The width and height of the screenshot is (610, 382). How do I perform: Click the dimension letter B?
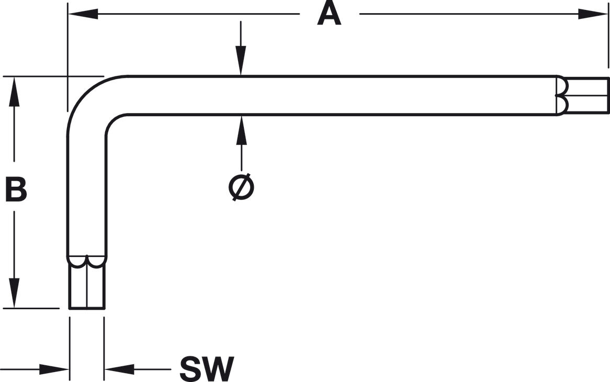tap(16, 189)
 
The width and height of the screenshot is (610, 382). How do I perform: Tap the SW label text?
tap(207, 369)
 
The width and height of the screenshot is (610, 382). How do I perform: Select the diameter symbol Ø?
tap(241, 187)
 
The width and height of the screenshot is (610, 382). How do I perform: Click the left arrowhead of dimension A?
tap(83, 14)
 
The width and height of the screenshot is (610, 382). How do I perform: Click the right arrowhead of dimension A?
tap(593, 14)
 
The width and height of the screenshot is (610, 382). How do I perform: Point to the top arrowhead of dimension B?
tap(14, 92)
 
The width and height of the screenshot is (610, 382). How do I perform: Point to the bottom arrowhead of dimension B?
tap(14, 293)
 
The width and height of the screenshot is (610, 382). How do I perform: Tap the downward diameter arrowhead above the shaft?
tap(241, 60)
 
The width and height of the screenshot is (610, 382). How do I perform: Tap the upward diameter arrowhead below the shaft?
tap(241, 130)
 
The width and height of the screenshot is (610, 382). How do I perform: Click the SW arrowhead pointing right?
tap(54, 369)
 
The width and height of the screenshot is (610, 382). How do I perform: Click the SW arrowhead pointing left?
tap(119, 369)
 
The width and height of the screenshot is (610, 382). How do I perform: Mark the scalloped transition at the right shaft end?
tap(561, 95)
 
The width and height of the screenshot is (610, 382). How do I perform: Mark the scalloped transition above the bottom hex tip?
tap(86, 262)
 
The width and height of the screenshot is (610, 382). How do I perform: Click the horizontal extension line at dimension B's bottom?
tap(31, 309)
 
